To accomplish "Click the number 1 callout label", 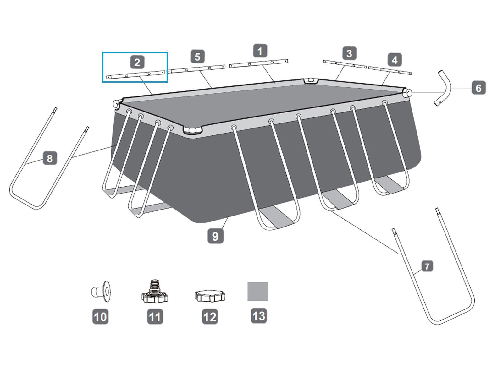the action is coord(260,51).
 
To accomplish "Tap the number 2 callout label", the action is coord(137,62).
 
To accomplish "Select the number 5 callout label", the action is coord(197,57).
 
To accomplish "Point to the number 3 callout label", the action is coord(349,53).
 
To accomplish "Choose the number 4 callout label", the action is coord(395,60).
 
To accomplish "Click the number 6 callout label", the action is coord(478,87).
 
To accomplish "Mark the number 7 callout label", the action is coord(427,266).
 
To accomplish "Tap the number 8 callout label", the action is coord(50,158).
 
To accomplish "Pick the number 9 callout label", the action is coord(215,236).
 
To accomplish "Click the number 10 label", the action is coord(100,317).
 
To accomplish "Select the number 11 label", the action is coord(155,317).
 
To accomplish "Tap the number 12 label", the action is coord(210,317).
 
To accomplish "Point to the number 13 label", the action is coord(259,316).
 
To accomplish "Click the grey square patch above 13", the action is coord(258,292).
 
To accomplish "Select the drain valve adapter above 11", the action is coord(155,291).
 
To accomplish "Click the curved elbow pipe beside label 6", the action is coord(442,88).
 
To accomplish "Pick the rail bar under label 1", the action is coord(259,63).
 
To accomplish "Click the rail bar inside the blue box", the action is coord(136,75).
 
